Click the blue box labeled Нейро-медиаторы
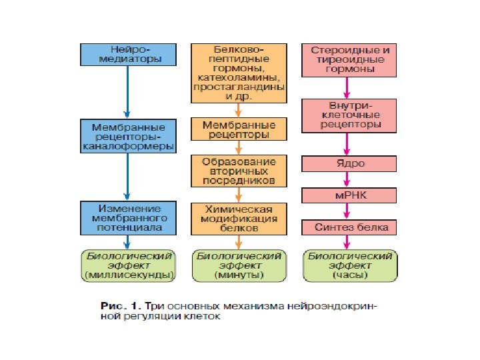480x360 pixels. pyautogui.click(x=129, y=55)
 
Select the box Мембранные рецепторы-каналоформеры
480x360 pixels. pyautogui.click(x=129, y=136)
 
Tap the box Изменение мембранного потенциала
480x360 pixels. pyautogui.click(x=129, y=218)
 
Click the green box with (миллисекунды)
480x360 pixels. pyautogui.click(x=129, y=265)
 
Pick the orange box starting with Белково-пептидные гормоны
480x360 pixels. pyautogui.click(x=239, y=73)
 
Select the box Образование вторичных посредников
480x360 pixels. pyautogui.click(x=239, y=171)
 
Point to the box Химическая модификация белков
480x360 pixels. pyautogui.click(x=239, y=218)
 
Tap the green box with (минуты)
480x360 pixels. pyautogui.click(x=239, y=265)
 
